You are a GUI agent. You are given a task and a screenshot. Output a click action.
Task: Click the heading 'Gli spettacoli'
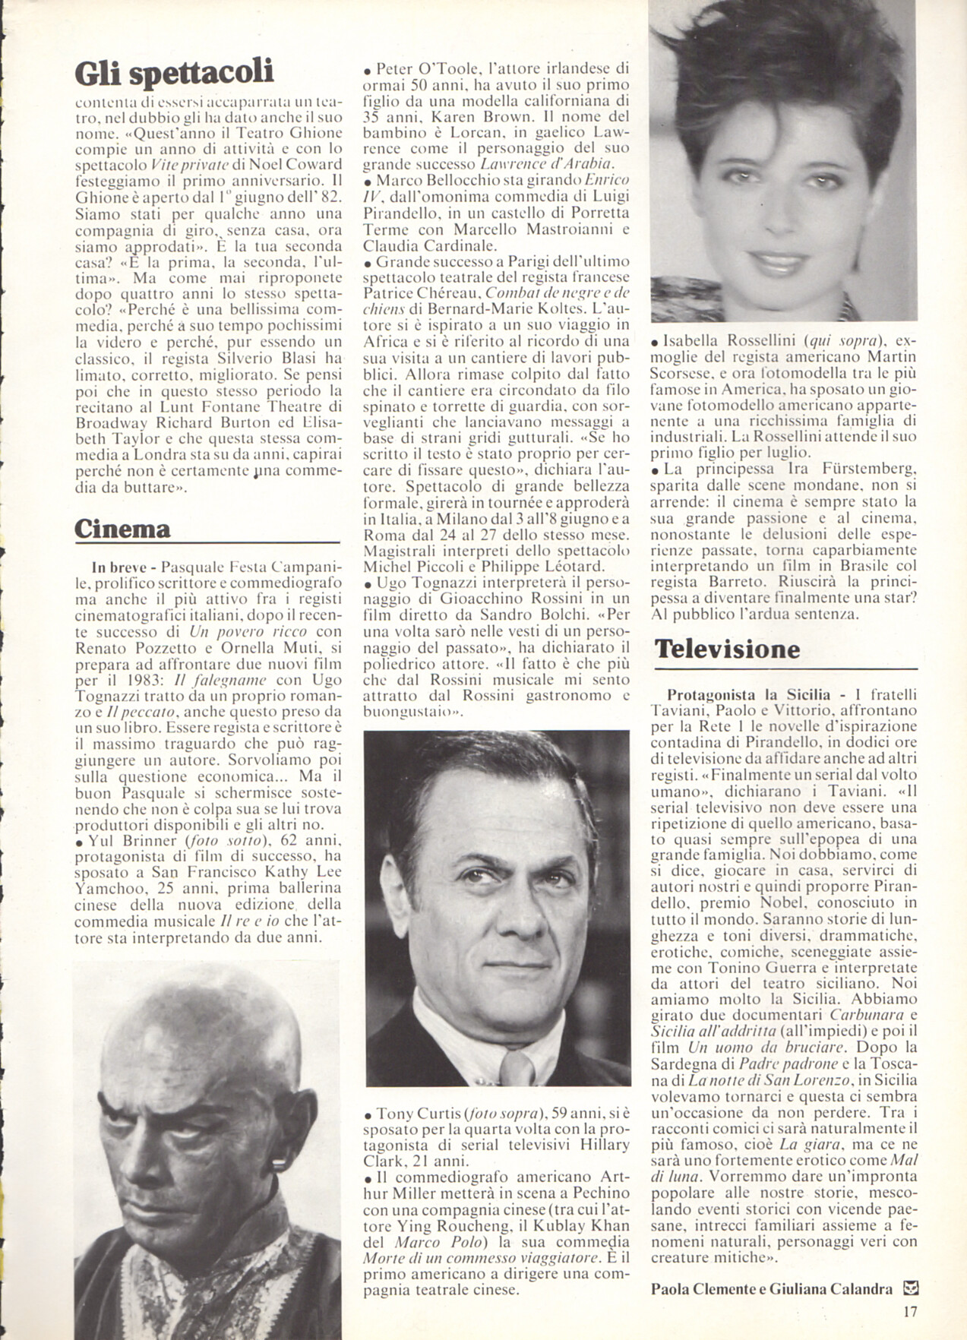(174, 73)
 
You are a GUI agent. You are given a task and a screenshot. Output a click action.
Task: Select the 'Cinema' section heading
(122, 529)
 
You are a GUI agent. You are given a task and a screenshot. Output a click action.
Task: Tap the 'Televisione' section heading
(727, 649)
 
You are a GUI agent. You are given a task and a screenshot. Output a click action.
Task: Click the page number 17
(912, 1310)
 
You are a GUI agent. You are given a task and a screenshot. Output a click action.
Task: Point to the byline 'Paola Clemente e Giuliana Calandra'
(771, 1288)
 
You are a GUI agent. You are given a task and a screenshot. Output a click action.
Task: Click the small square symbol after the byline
(912, 1288)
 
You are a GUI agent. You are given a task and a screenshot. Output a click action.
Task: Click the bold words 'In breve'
(112, 566)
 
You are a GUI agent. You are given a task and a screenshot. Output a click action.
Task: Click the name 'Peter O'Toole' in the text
(416, 68)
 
